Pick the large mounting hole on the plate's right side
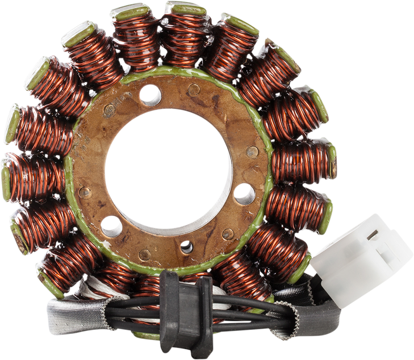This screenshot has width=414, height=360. pyautogui.click(x=244, y=194)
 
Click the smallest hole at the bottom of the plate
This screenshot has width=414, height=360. pyautogui.click(x=186, y=246)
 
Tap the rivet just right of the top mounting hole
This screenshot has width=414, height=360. pyautogui.click(x=194, y=90)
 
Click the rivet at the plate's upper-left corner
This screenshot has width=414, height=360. pyautogui.click(x=109, y=111)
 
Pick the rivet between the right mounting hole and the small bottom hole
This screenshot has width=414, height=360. pyautogui.click(x=228, y=233)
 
